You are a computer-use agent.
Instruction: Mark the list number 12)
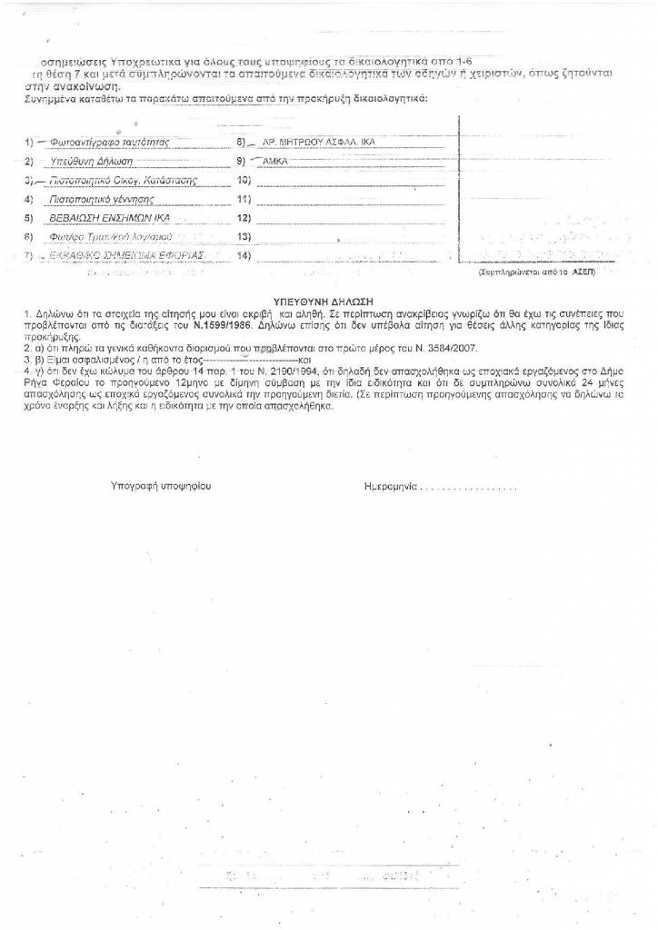pyautogui.click(x=243, y=218)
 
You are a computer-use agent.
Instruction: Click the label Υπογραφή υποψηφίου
pyautogui.click(x=160, y=488)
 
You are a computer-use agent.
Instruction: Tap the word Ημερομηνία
pyautogui.click(x=390, y=488)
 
